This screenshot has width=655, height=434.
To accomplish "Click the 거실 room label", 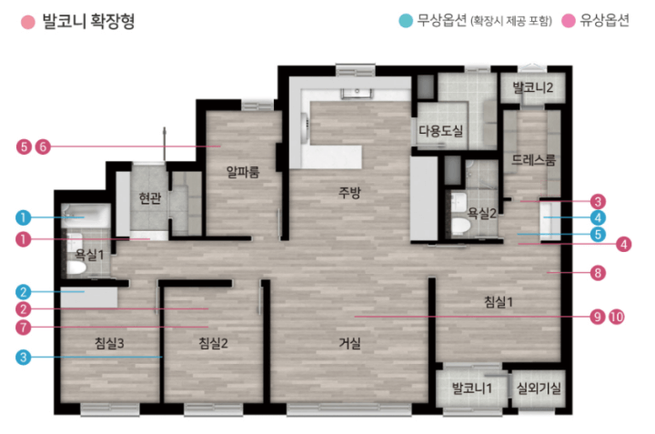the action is pyautogui.click(x=349, y=343).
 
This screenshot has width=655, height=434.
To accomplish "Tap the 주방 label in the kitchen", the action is pyautogui.click(x=349, y=193).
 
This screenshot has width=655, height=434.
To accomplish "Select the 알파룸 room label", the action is pyautogui.click(x=243, y=171).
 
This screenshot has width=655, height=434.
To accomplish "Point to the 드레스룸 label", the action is pyautogui.click(x=534, y=159).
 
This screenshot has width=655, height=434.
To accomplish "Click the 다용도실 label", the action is pyautogui.click(x=440, y=131).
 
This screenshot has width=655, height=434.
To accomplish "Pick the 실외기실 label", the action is pyautogui.click(x=539, y=388).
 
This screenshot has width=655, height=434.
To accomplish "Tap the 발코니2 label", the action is pyautogui.click(x=532, y=87).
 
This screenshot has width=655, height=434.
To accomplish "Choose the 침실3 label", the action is pyautogui.click(x=109, y=343).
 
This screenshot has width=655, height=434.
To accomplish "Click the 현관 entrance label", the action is pyautogui.click(x=150, y=198).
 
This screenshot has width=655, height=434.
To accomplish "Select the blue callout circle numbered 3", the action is pyautogui.click(x=24, y=358).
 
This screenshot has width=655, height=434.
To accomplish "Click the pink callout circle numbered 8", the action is pyautogui.click(x=598, y=273).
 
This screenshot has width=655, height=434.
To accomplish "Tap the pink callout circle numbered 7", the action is pyautogui.click(x=24, y=327).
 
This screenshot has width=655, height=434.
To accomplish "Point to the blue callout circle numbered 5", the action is pyautogui.click(x=598, y=235).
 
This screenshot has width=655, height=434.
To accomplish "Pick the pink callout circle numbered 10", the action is pyautogui.click(x=616, y=317).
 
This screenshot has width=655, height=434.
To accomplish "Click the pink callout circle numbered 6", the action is pyautogui.click(x=43, y=146).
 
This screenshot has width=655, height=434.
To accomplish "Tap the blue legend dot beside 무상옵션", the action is pyautogui.click(x=405, y=20).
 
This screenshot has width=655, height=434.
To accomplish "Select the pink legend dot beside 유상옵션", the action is pyautogui.click(x=568, y=20).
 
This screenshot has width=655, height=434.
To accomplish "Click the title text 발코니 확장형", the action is pyautogui.click(x=88, y=21).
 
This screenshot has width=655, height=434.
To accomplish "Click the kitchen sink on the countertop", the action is pyautogui.click(x=358, y=93).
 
